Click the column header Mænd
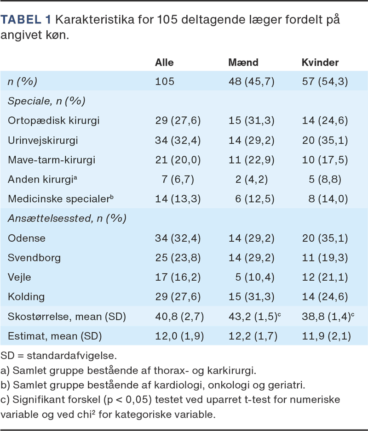click(x=244, y=62)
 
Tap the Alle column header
click(x=164, y=62)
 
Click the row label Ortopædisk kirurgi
click(x=54, y=121)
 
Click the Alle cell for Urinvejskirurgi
click(x=178, y=141)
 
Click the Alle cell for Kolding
click(x=178, y=296)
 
